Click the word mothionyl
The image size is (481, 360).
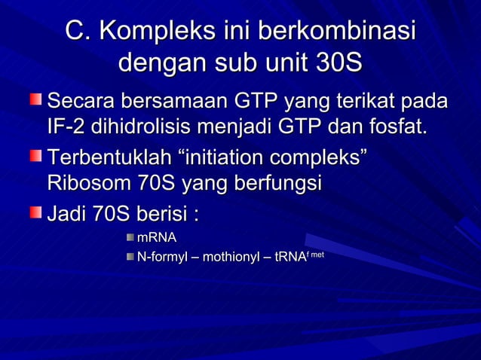231,258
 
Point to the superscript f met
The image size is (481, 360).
315,255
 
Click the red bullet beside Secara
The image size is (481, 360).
36,99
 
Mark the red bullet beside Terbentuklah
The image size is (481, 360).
36,157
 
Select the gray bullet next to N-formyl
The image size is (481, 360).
130,258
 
